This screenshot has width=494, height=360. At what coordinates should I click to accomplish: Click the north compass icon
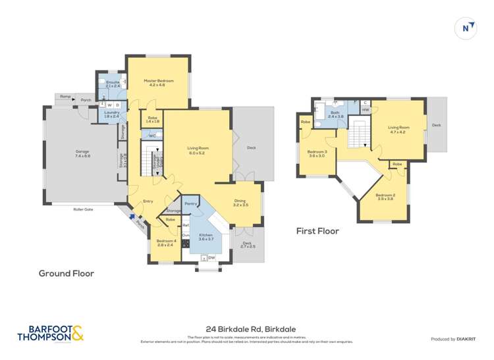[x=466, y=28]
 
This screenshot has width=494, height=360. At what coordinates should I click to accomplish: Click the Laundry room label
[x=111, y=115]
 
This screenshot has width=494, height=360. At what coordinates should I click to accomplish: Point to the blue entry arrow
[x=134, y=215]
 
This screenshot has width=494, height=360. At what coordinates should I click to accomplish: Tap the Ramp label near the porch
[x=65, y=97]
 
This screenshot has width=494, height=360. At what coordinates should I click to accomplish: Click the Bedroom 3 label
[x=317, y=154]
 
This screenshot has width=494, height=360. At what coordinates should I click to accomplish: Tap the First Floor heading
[x=317, y=231]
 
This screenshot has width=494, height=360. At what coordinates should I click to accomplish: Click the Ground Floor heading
[x=67, y=273]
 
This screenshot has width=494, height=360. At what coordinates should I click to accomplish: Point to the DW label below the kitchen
[x=212, y=258]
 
